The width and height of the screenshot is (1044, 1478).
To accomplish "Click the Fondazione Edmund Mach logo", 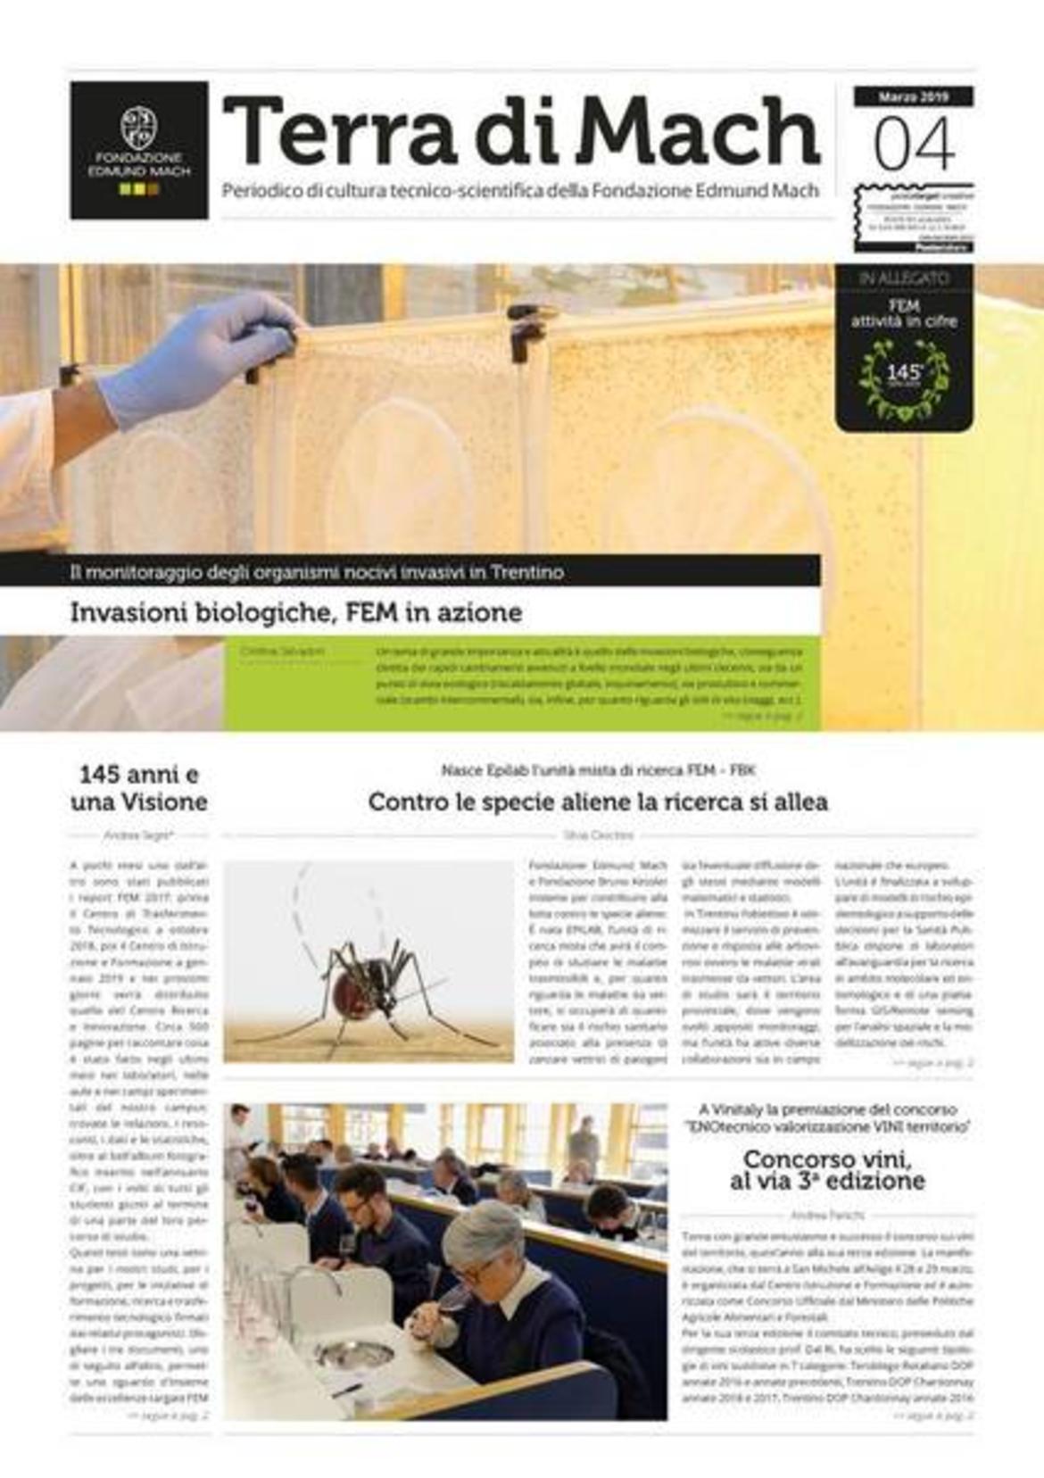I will point(139,150).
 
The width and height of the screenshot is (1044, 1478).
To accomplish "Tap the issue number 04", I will point(913,145).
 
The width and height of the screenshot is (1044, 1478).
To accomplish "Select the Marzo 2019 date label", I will point(913,96).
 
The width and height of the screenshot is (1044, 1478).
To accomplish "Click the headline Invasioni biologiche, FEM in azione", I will point(296,613).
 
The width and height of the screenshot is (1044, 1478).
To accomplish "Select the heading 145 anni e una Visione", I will point(138,787).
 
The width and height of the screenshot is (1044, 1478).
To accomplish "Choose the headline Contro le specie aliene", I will point(598,801).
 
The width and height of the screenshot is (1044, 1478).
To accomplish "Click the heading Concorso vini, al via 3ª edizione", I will point(827,1170).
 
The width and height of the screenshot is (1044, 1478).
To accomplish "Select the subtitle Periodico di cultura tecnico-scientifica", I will point(520,190).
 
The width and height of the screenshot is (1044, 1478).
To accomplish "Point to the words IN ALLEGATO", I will point(903,278).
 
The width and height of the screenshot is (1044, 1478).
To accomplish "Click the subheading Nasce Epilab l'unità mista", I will point(598,769).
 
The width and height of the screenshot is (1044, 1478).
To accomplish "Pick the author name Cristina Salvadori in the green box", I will point(282,652).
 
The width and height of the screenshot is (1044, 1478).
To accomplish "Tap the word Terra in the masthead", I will point(340,133).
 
